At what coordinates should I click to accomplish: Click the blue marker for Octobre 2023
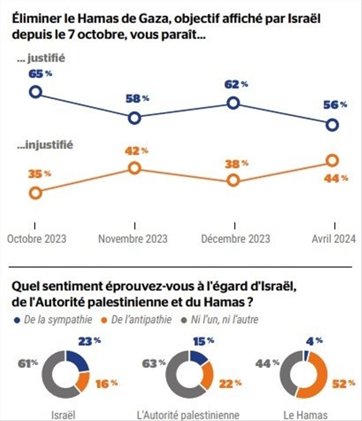pos(35,92)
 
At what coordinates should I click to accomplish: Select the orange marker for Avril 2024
pos(331,160)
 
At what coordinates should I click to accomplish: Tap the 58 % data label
pos(138,98)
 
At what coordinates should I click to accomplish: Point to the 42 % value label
pos(137,151)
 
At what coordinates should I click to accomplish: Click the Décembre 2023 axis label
pos(235,238)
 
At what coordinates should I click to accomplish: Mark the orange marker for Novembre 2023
pos(134,168)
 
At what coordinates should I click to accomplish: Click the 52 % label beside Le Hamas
pos(340,384)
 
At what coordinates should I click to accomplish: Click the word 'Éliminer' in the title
pos(33,18)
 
